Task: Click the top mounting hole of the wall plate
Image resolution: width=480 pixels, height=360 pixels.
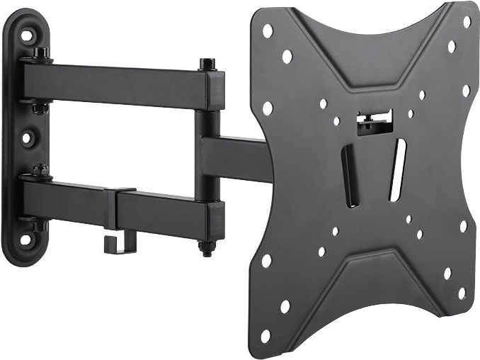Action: (x=27, y=34)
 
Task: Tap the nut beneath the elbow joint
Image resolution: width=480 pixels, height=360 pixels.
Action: (x=207, y=247)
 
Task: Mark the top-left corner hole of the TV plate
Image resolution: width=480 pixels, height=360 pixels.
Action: (x=268, y=30)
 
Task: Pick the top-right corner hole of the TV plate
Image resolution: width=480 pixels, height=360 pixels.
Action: (x=467, y=22)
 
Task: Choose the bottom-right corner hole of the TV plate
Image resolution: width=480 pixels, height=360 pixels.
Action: (x=461, y=293)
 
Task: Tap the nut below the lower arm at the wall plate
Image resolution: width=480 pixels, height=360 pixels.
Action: (x=39, y=227)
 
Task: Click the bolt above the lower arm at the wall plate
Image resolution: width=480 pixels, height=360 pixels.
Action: (x=40, y=170)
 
